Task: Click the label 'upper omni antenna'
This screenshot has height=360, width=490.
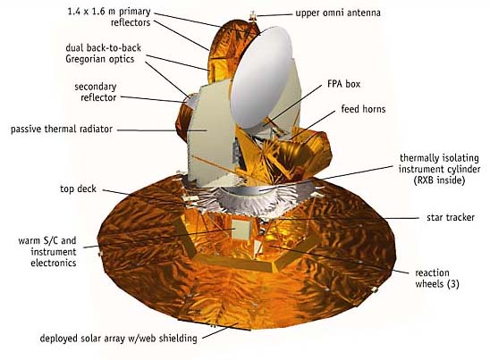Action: tap(338, 13)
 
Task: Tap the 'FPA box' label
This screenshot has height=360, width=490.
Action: tap(343, 84)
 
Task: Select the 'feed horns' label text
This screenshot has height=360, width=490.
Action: tap(363, 109)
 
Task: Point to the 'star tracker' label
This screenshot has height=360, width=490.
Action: tap(451, 217)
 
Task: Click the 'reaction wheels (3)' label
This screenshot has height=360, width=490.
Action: tap(437, 278)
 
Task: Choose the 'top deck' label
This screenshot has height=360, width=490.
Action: tap(78, 188)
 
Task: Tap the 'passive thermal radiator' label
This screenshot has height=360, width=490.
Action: tap(62, 129)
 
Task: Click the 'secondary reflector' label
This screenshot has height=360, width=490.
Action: tap(96, 92)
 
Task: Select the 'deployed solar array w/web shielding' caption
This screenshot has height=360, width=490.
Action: tap(118, 339)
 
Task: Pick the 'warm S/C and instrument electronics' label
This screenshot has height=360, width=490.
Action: tap(47, 252)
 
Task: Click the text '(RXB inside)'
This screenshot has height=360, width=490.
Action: tap(439, 180)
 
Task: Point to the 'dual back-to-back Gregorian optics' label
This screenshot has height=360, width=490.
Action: tap(103, 54)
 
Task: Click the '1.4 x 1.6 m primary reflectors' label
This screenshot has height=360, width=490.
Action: tap(109, 17)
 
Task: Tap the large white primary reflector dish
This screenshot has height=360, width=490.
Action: tap(261, 78)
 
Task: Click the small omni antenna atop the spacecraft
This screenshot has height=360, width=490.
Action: tap(253, 16)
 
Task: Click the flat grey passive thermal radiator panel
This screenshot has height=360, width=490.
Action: tap(210, 134)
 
